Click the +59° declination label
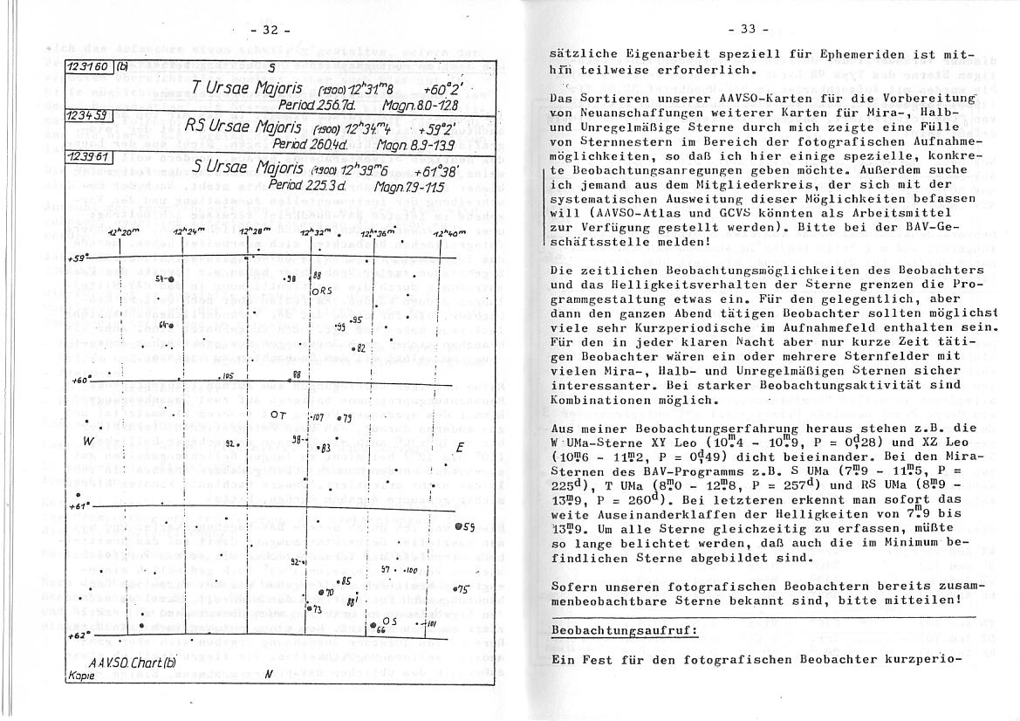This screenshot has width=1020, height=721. click(x=79, y=259)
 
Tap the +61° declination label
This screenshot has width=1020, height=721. click(x=79, y=505)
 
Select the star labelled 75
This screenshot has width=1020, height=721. click(x=461, y=589)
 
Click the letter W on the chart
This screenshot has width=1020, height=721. click(x=88, y=442)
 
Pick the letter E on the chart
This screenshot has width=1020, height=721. click(x=460, y=447)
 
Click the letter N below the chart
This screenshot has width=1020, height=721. click(x=269, y=675)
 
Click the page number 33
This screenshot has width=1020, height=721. click(x=749, y=29)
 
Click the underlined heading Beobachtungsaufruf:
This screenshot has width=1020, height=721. click(x=623, y=631)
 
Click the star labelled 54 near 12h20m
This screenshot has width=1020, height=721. click(x=166, y=279)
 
